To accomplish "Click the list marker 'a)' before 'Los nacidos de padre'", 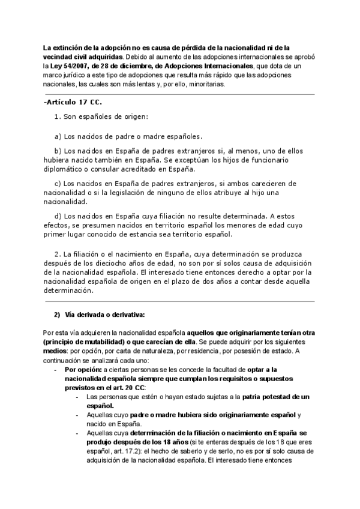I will point(58,136).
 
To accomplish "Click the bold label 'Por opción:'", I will point(82,370).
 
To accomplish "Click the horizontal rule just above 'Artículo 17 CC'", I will point(179,94).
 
